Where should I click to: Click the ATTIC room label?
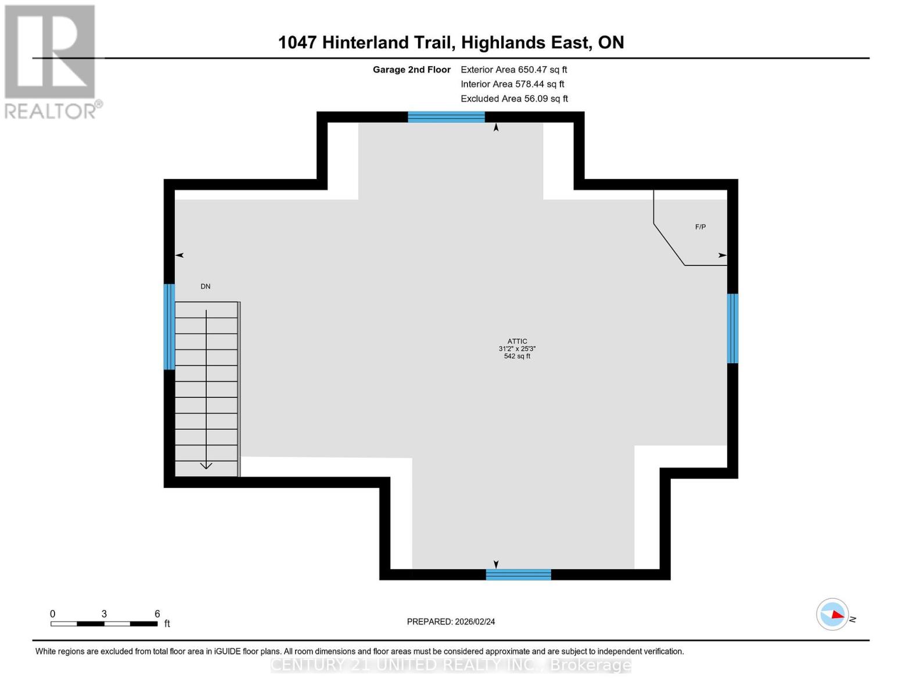517,342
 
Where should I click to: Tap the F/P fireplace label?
700,227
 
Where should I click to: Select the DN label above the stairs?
206,286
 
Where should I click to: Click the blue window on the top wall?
446,117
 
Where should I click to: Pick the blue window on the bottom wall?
518,574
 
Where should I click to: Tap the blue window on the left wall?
169,326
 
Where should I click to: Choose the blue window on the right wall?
732,328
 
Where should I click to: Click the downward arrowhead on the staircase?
206,465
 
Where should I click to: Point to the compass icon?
832,614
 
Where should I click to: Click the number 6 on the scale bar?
157,613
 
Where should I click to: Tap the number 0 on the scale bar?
53,613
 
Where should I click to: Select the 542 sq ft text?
517,356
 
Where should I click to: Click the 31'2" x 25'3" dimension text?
517,349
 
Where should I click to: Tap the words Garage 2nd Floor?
411,70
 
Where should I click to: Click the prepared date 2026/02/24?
475,621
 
